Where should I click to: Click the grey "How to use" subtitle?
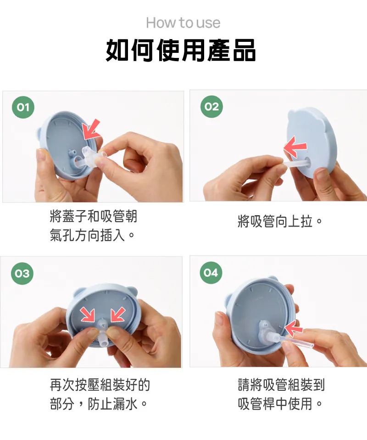coord(183,23)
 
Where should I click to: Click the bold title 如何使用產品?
coord(181,50)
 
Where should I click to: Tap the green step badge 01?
coord(23,107)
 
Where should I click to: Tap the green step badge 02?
coord(211,106)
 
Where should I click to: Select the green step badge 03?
coord(22,273)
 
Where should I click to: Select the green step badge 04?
coord(211,273)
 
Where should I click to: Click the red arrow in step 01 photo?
coord(92,129)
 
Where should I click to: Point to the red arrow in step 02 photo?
coord(295,147)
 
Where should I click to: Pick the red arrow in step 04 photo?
coord(294,328)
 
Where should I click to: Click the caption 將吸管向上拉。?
coord(280,222)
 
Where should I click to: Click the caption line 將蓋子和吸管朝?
coord(94,216)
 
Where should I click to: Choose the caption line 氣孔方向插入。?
coord(93,235)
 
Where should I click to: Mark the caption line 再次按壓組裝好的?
coord(100,385)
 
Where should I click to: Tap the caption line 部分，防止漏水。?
coord(99,404)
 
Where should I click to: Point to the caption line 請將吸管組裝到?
coord(281,384)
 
